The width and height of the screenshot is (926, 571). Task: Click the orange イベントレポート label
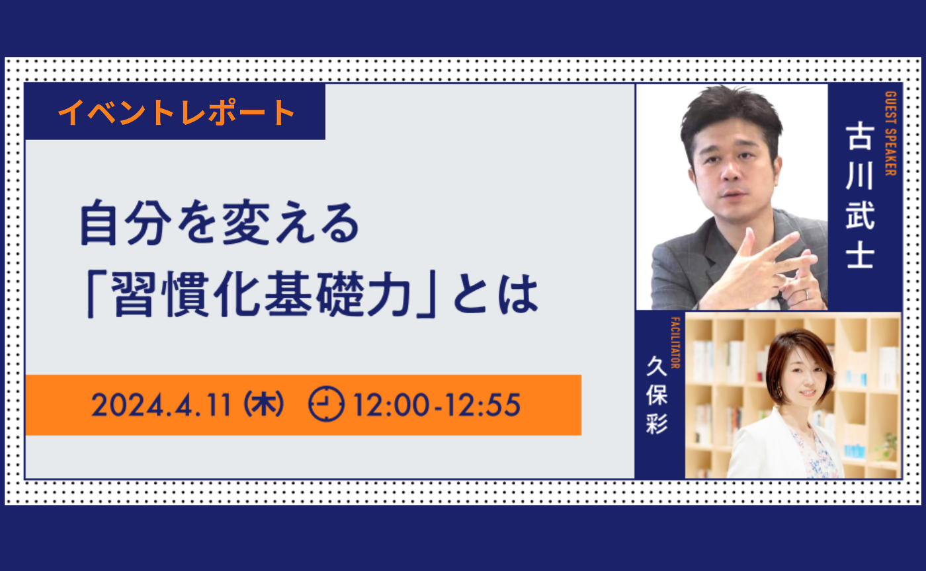click(x=176, y=112)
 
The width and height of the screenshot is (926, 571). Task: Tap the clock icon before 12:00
click(x=326, y=404)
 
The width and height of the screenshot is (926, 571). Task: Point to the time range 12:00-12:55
click(x=437, y=405)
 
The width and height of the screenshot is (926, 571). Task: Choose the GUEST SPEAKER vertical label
click(x=889, y=133)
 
